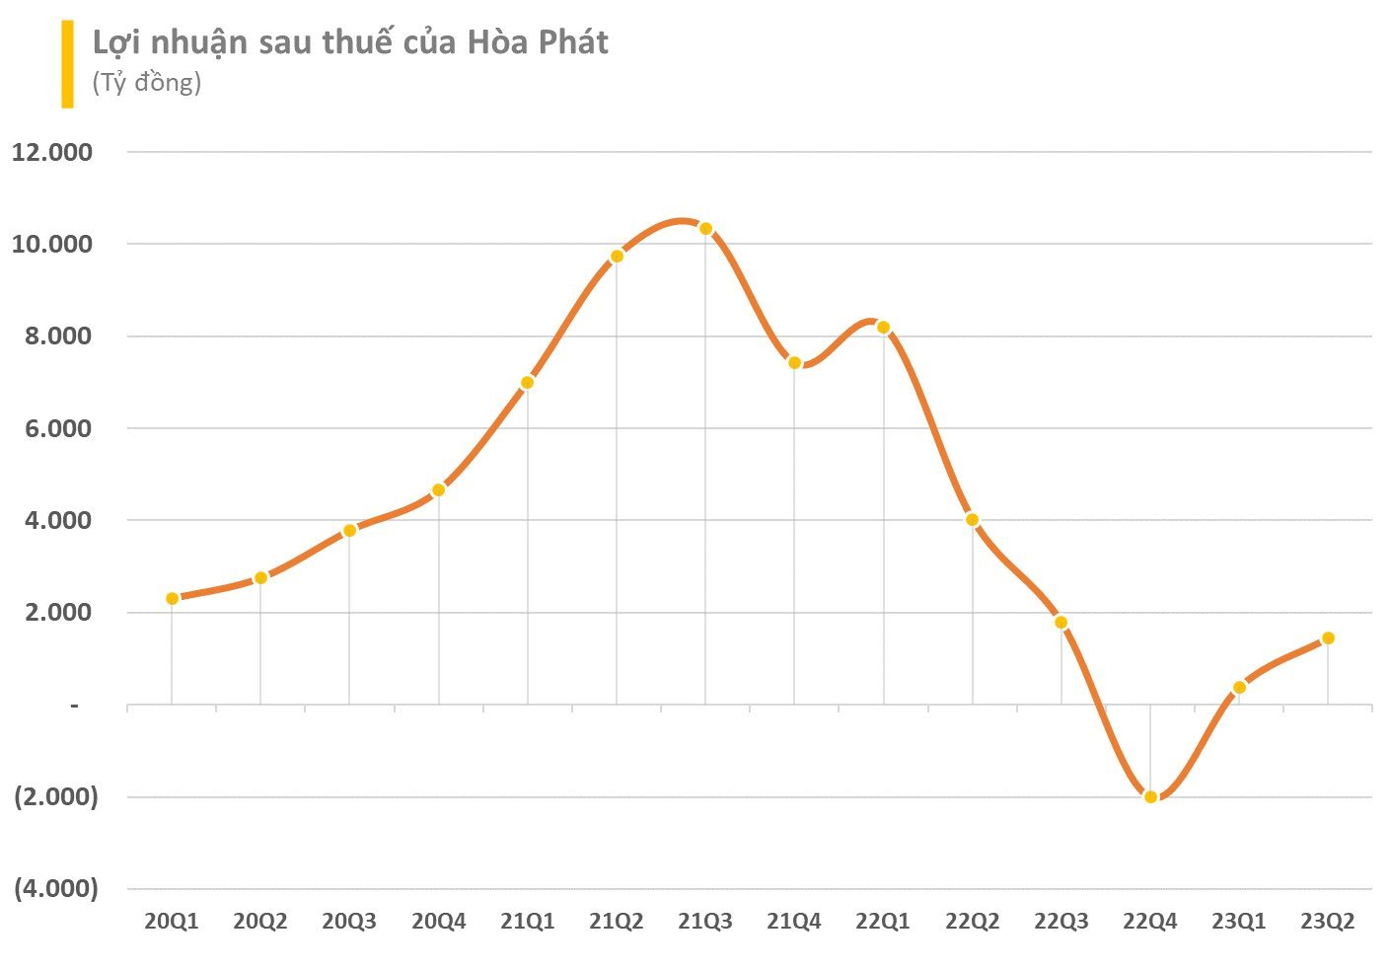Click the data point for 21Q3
(x=705, y=229)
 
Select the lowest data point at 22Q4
(x=1150, y=796)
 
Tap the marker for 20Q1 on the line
(x=172, y=598)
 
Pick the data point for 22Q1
(x=883, y=328)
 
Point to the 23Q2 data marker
(x=1328, y=637)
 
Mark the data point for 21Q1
(x=527, y=382)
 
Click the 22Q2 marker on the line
(x=972, y=519)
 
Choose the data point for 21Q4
(x=794, y=362)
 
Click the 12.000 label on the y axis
(x=51, y=152)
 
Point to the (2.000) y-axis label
(x=55, y=796)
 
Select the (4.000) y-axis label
(x=55, y=888)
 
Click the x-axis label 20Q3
(x=349, y=922)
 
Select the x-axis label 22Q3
(x=1061, y=922)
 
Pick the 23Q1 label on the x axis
(x=1239, y=922)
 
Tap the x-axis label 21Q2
(x=617, y=922)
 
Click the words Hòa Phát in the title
(x=538, y=42)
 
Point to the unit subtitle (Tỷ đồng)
(x=147, y=82)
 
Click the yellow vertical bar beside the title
(x=67, y=64)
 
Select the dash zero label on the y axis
(x=73, y=705)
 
